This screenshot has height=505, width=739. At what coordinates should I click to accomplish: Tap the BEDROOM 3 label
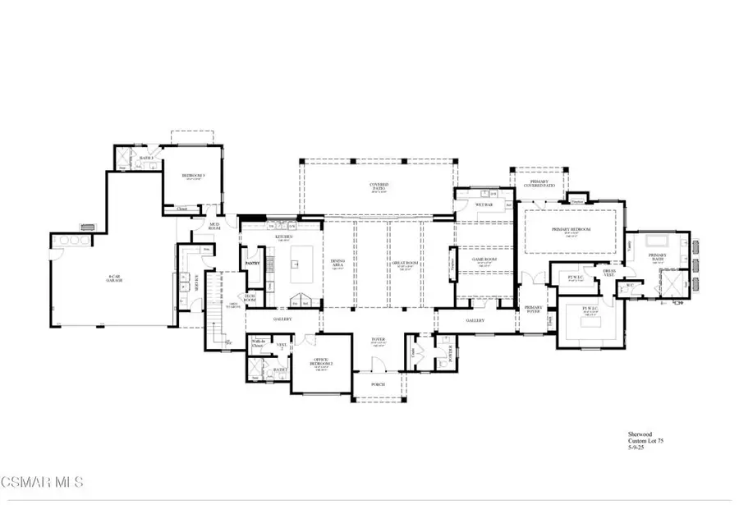193,174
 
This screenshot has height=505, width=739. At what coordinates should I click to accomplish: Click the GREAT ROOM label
404,266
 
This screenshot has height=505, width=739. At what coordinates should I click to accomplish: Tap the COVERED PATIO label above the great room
378,186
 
